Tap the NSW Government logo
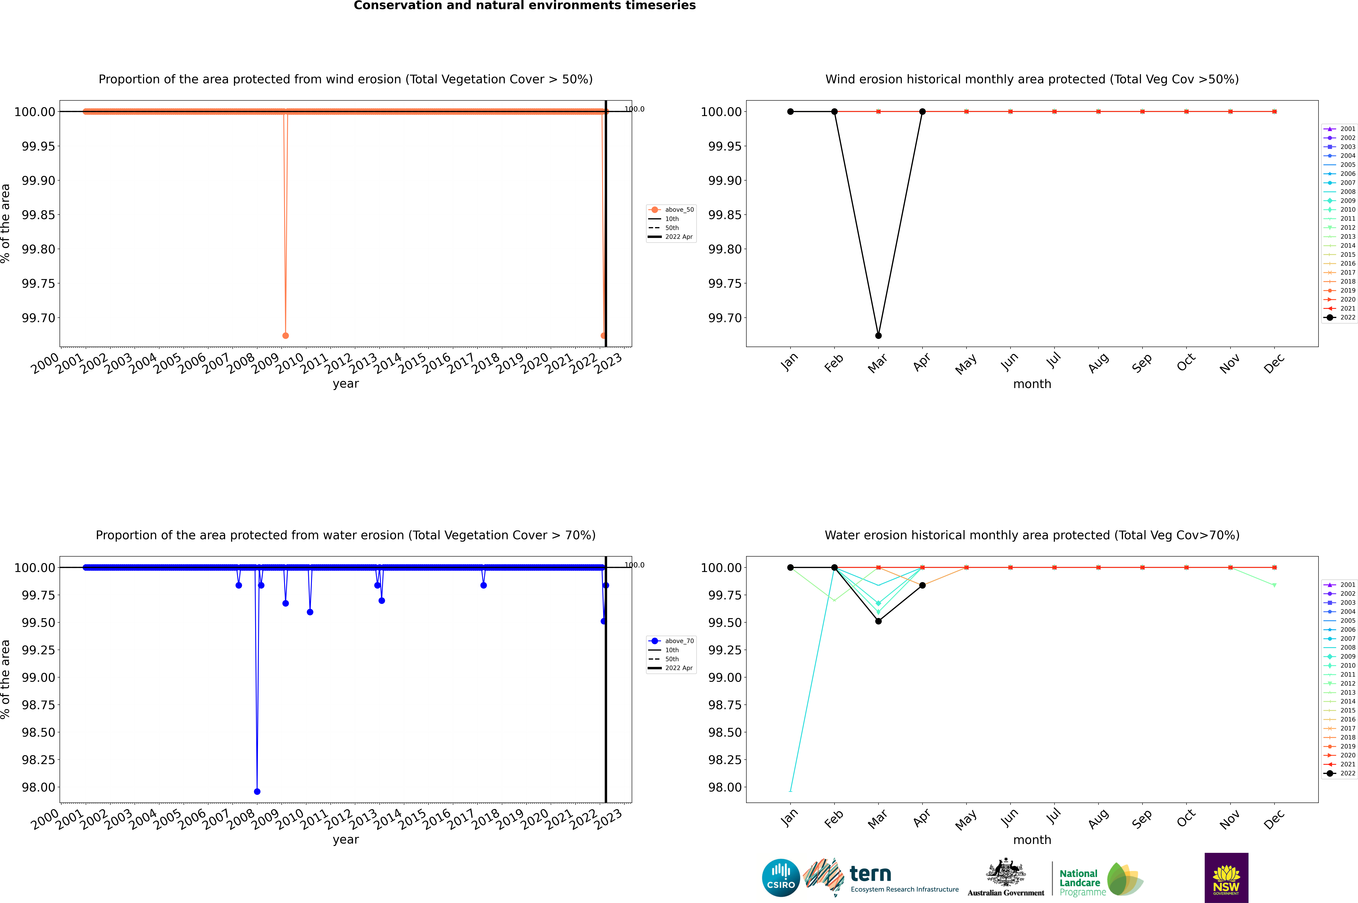1226,878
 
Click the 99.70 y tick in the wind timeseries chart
39,318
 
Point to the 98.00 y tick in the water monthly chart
725,787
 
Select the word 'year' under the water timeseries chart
345,840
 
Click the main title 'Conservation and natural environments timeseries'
524,6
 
